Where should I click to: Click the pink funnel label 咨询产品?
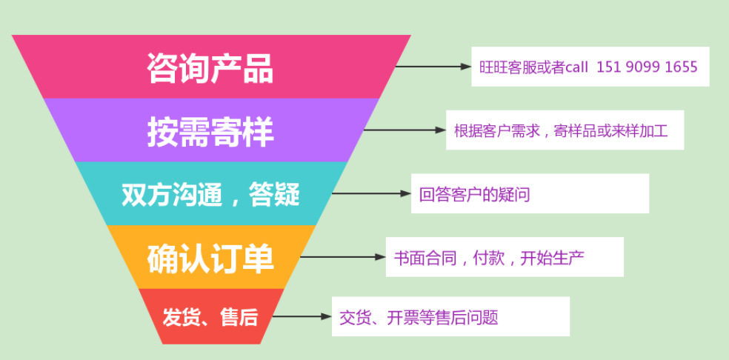(210, 68)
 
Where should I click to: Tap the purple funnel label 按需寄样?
(210, 132)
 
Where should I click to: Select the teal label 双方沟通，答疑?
(210, 194)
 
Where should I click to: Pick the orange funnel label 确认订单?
(210, 259)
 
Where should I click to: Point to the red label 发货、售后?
(210, 317)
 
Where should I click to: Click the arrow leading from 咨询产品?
(433, 67)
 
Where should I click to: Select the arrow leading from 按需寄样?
(404, 130)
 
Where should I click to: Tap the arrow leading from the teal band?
(370, 193)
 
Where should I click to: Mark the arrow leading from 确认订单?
(342, 258)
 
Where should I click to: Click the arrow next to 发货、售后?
(300, 317)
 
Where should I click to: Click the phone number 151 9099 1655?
(647, 67)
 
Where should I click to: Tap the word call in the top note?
(576, 67)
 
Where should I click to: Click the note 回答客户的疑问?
(475, 195)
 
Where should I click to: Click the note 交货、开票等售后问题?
(419, 318)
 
